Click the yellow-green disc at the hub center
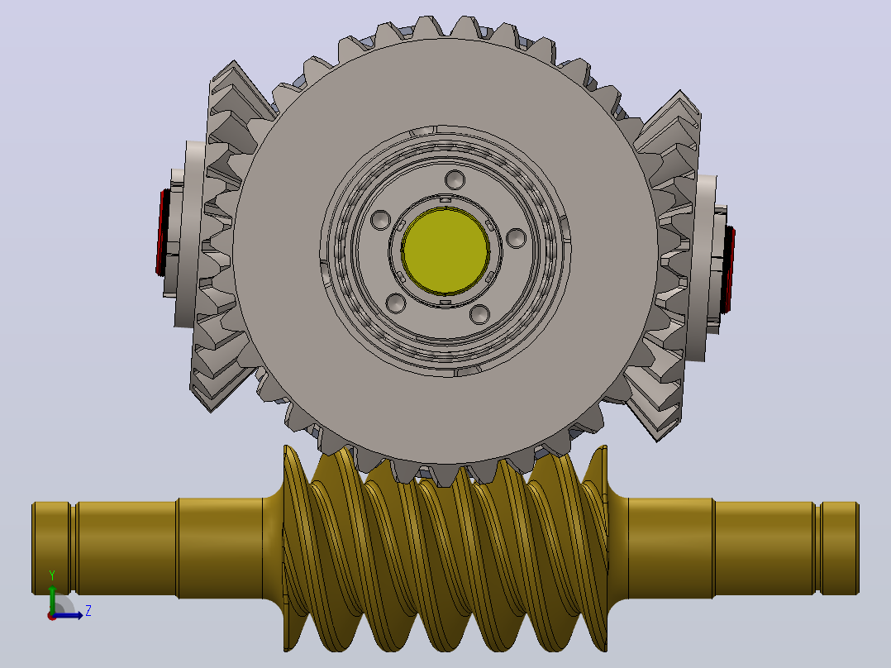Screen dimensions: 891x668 point(445,250)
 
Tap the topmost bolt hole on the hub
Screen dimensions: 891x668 point(455,179)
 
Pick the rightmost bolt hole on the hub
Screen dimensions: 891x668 point(516,238)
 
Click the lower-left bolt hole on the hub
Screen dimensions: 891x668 point(396,303)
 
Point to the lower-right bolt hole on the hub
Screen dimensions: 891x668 point(479,314)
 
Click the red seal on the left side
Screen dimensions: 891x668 point(161,233)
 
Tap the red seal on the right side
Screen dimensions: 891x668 point(728,270)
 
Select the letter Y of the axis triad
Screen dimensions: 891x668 point(52,575)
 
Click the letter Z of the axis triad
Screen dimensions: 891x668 point(88,611)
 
